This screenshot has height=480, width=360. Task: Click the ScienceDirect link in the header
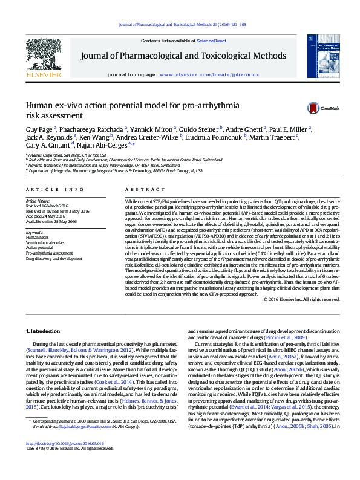pyautogui.click(x=212, y=41)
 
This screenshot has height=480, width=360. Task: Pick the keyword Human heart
pyautogui.click(x=37, y=238)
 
